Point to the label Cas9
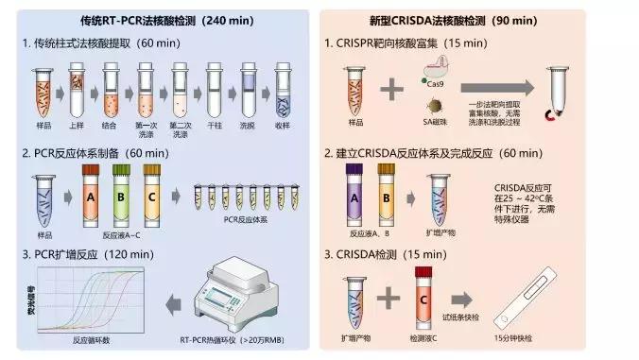437,83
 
